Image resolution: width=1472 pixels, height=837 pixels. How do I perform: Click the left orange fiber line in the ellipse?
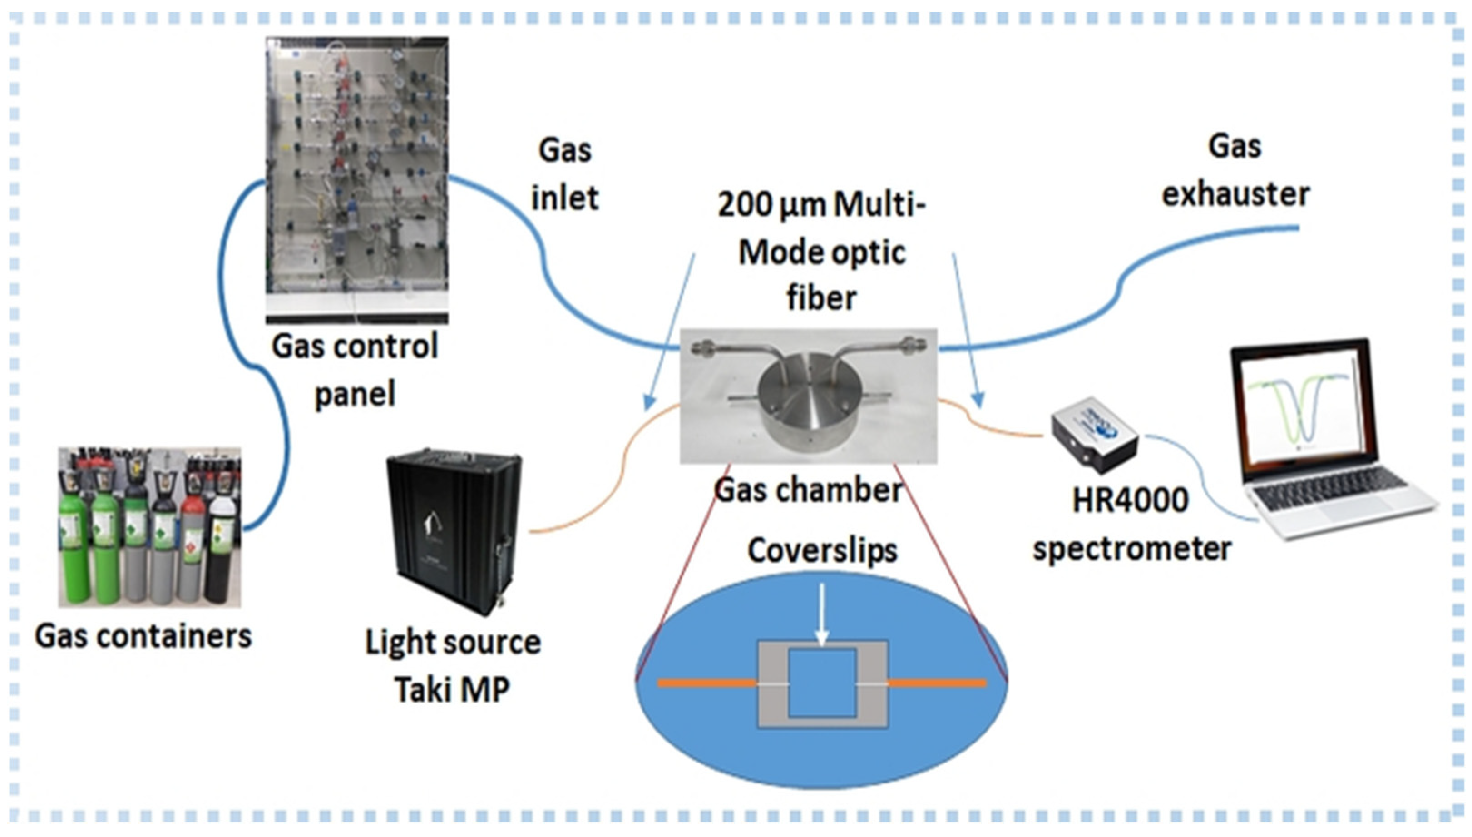coord(706,683)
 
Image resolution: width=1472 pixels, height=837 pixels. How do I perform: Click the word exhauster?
coord(1235,194)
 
